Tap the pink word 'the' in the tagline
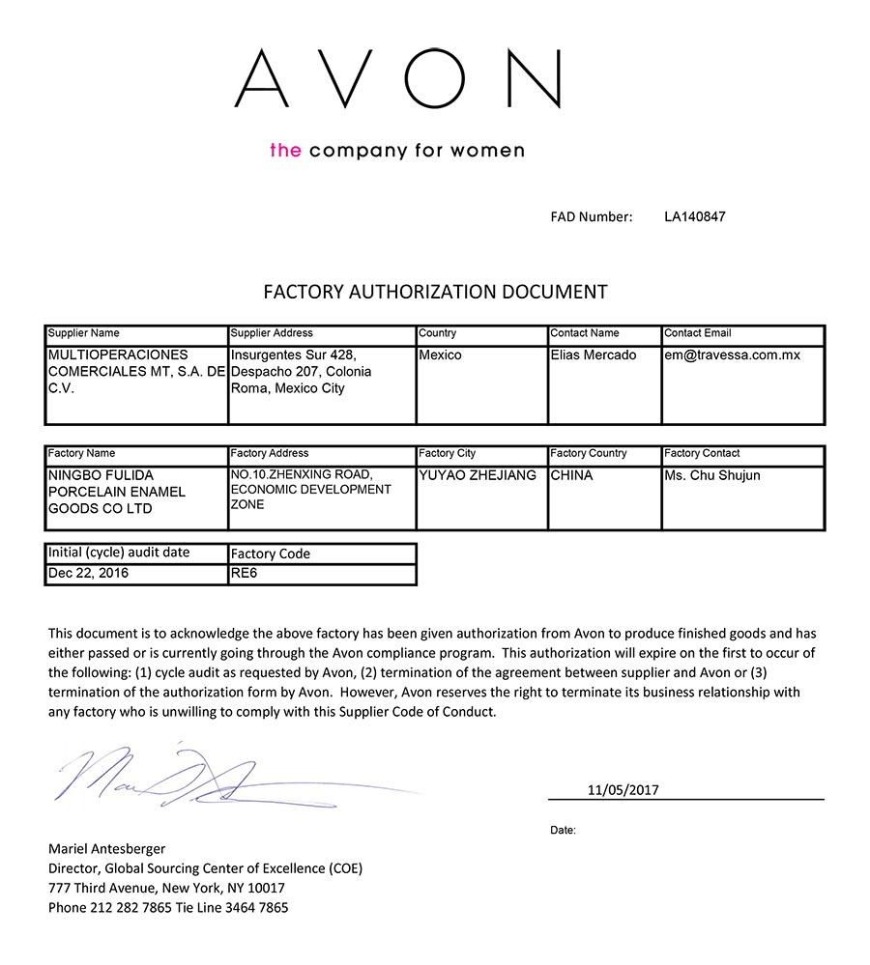pyautogui.click(x=285, y=150)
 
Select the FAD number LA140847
pyautogui.click(x=694, y=216)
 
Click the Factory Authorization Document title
pyautogui.click(x=435, y=292)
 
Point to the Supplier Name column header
pyautogui.click(x=84, y=333)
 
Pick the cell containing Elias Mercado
pyautogui.click(x=594, y=355)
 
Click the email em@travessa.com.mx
pyautogui.click(x=732, y=355)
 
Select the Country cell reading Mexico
pyautogui.click(x=441, y=355)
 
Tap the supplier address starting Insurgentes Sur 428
pyautogui.click(x=301, y=372)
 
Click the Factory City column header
pyautogui.click(x=447, y=453)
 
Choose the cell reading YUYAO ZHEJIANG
pyautogui.click(x=478, y=475)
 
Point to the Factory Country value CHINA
pyautogui.click(x=571, y=475)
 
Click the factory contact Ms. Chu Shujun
pyautogui.click(x=712, y=475)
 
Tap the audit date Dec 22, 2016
pyautogui.click(x=88, y=573)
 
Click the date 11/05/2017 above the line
pyautogui.click(x=623, y=789)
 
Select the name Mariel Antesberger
pyautogui.click(x=106, y=848)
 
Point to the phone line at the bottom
pyautogui.click(x=168, y=907)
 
